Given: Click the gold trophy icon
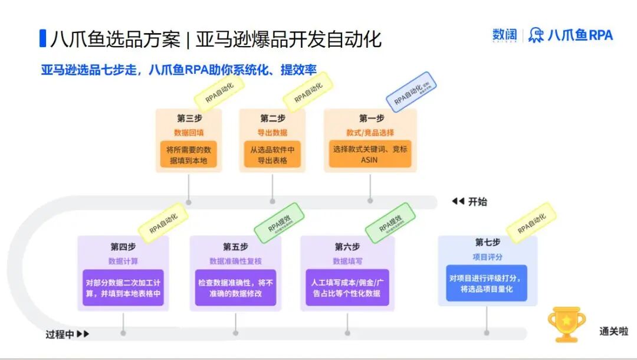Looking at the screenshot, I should tap(566, 324).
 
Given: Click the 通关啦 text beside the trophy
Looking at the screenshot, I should tap(613, 332).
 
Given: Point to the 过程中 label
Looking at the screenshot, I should tap(60, 335).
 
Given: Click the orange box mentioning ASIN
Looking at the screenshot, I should tap(370, 154).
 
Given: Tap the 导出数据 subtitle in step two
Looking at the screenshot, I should tap(272, 133).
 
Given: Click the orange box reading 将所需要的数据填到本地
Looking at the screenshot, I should tap(188, 154).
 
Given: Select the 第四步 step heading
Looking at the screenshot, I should tap(123, 246).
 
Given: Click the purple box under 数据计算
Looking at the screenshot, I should tap(123, 287).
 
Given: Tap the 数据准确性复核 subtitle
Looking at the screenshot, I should tap(235, 261).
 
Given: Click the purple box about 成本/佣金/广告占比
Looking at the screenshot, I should tap(347, 287).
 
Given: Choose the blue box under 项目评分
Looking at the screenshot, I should tap(487, 283).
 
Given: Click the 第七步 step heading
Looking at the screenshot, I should tap(487, 243).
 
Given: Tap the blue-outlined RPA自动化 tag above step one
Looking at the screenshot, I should tap(411, 93).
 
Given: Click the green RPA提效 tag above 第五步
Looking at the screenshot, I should tap(279, 223).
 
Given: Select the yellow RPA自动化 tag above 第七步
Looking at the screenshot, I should tap(531, 223).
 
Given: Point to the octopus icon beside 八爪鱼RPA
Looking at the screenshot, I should tap(536, 35).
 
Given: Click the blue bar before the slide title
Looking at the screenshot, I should tap(42, 38).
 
